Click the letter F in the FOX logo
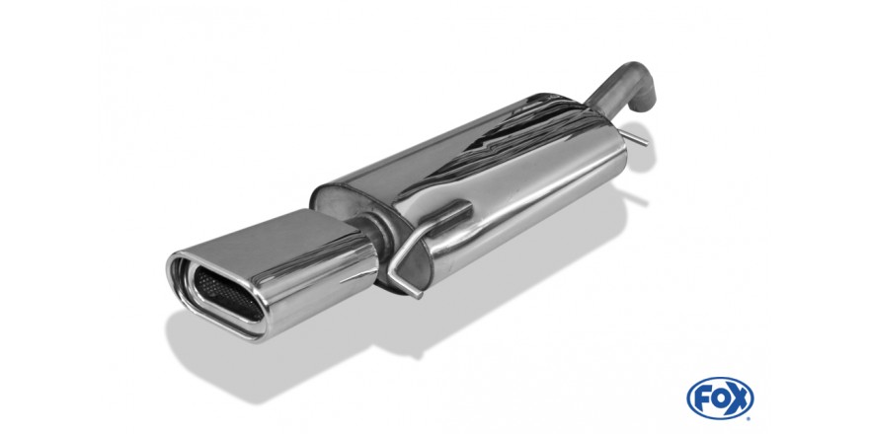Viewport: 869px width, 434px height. click(703, 398)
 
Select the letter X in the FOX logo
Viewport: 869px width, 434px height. click(739, 398)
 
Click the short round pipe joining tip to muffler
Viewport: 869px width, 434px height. click(368, 233)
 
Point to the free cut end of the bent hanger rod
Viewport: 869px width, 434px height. click(420, 295)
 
